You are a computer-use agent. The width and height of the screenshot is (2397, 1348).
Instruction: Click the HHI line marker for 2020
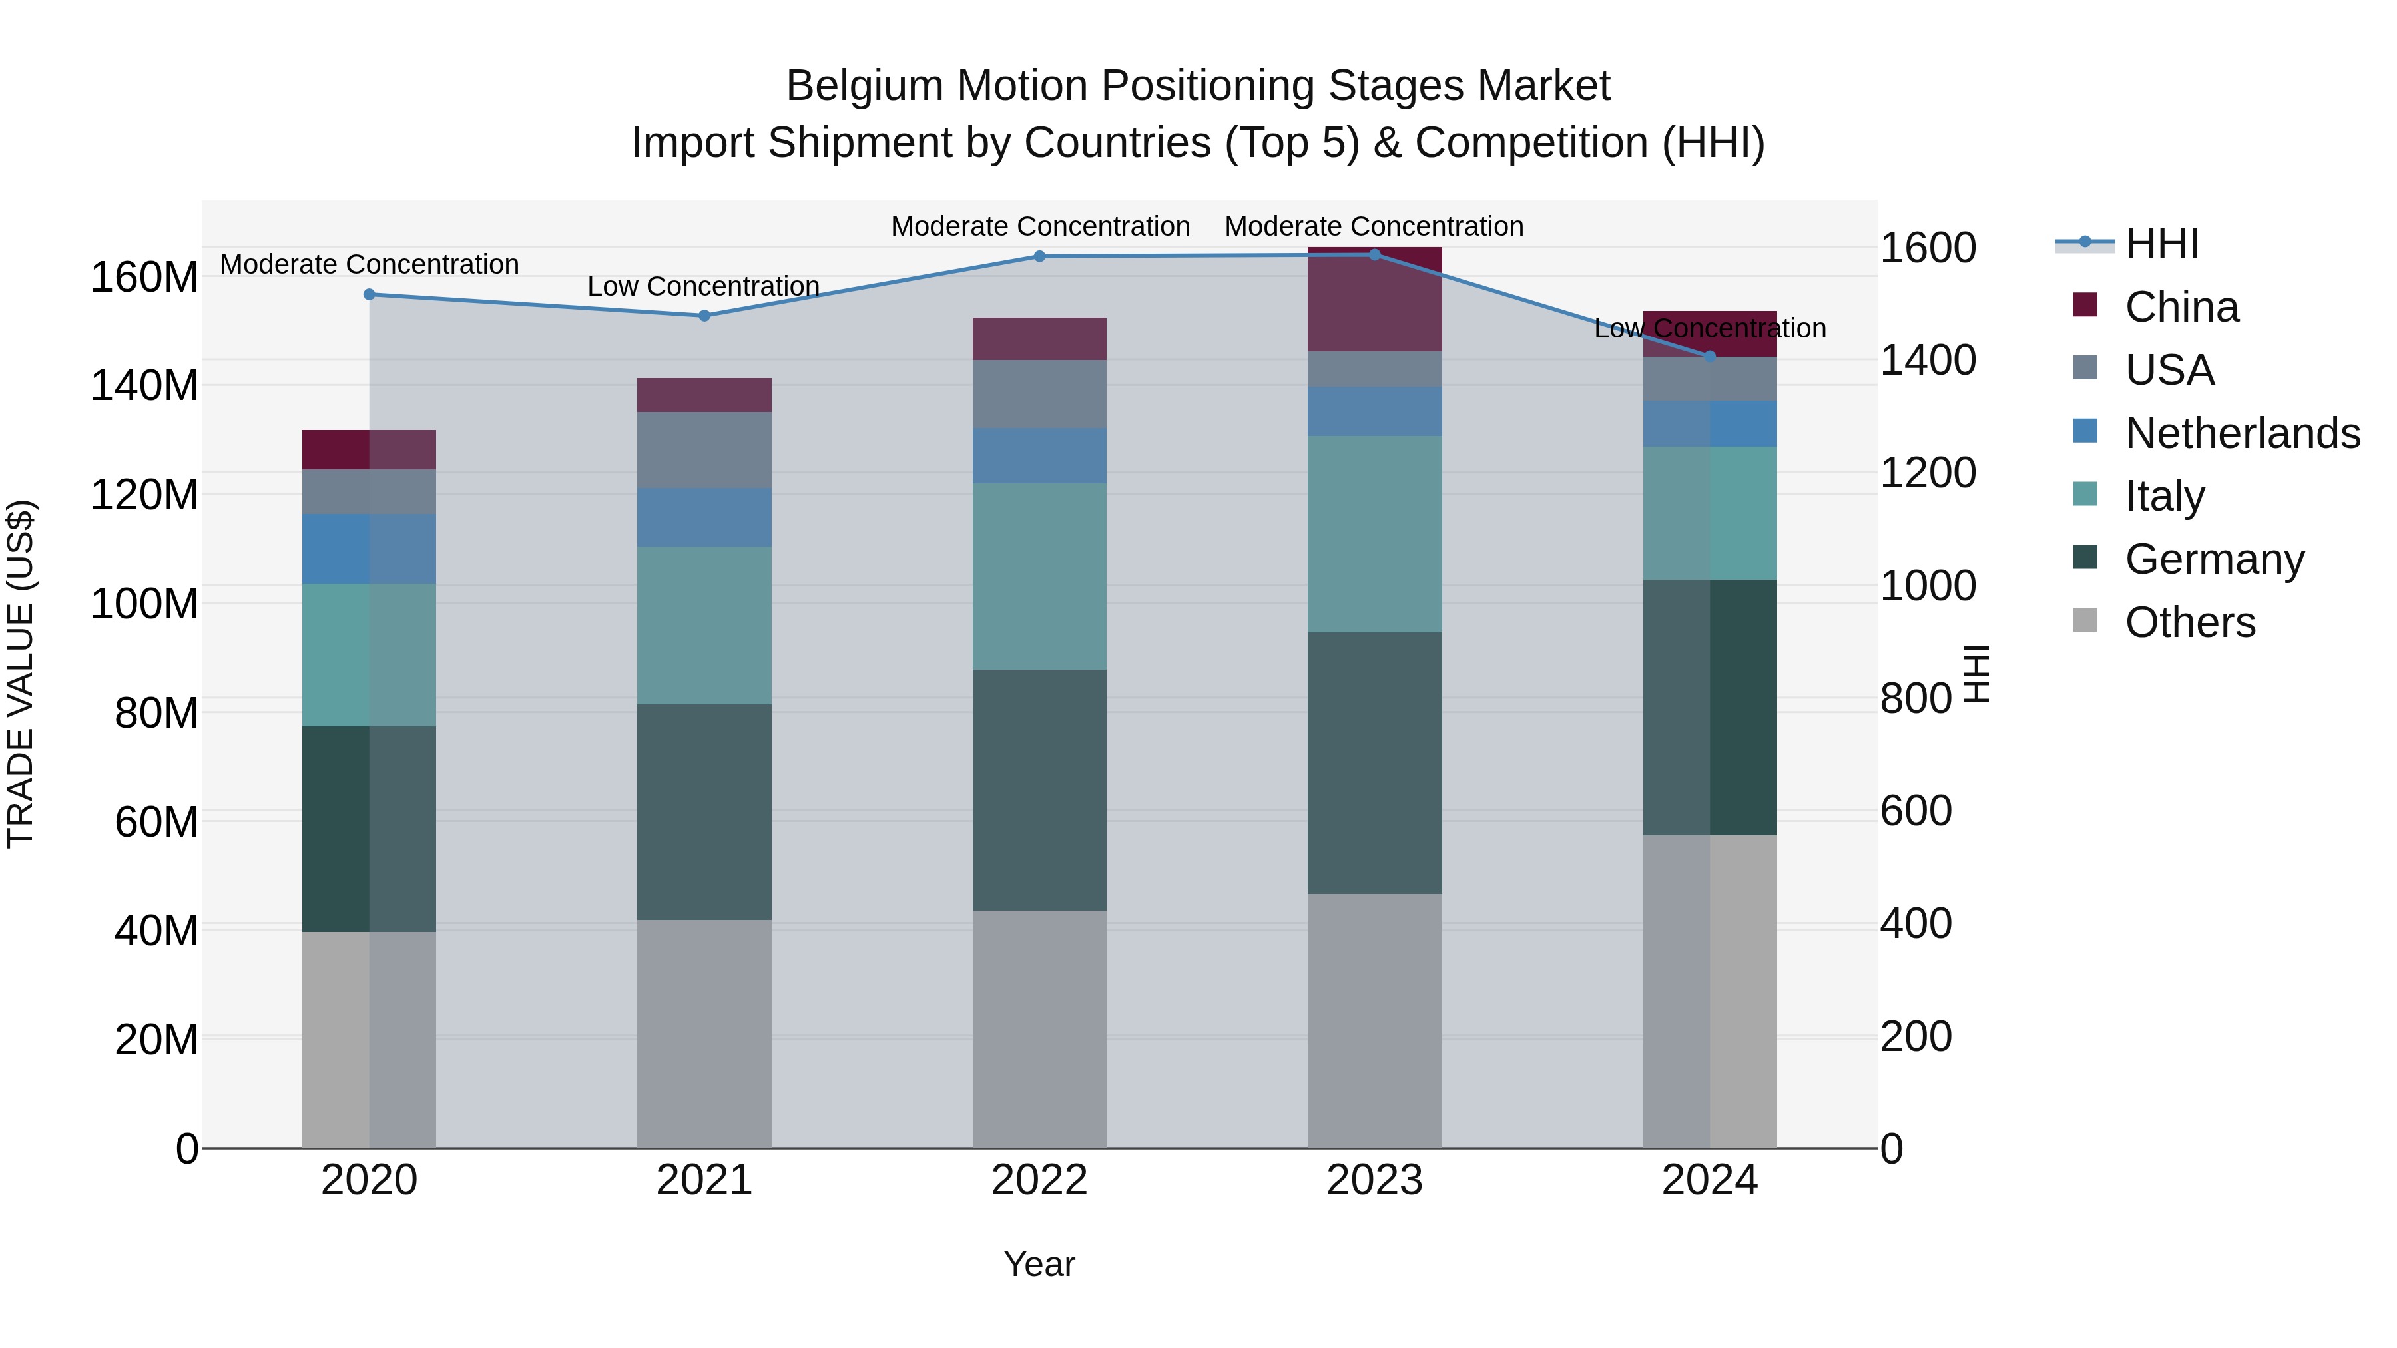click(x=370, y=294)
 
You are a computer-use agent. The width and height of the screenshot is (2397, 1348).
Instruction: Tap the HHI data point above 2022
click(x=1039, y=256)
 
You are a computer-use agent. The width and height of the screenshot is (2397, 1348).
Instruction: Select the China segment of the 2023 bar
click(x=1374, y=300)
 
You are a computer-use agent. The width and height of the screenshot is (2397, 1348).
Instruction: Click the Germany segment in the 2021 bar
click(x=704, y=812)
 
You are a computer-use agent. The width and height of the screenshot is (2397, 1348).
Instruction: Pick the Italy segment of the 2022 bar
click(x=1039, y=576)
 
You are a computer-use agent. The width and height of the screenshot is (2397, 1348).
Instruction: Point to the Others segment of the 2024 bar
click(x=1709, y=992)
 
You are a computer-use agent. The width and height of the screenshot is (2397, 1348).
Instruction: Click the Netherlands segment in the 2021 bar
click(x=704, y=517)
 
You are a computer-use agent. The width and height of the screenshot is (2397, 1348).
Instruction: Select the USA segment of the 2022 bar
click(x=1039, y=395)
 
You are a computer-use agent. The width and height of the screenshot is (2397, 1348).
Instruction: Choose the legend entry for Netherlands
click(x=2242, y=433)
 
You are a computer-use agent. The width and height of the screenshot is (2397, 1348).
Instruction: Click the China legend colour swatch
click(x=2085, y=305)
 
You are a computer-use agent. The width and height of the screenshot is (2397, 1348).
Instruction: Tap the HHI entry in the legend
click(x=2161, y=244)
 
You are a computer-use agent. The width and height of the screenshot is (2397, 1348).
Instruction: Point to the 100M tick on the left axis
click(x=144, y=604)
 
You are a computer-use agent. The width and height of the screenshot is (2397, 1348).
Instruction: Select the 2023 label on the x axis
click(x=1374, y=1180)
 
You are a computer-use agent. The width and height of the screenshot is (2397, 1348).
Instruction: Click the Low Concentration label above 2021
click(x=704, y=286)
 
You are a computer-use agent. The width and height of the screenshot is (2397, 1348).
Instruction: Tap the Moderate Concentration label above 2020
click(x=370, y=264)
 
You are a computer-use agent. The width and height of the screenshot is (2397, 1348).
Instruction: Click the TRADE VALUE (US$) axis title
click(x=21, y=674)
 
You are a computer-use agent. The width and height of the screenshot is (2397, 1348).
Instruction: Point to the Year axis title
click(x=1039, y=1264)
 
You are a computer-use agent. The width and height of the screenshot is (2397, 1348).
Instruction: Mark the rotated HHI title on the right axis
click(x=1976, y=674)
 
